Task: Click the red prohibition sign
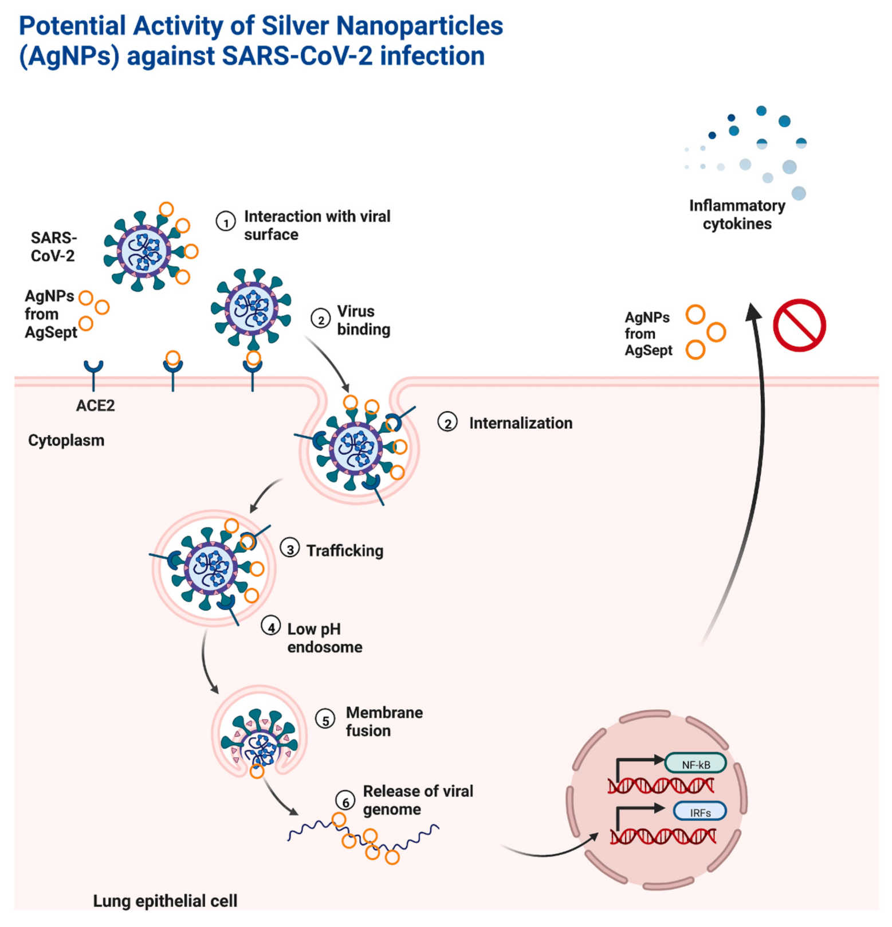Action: pyautogui.click(x=799, y=325)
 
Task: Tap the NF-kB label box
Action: pyautogui.click(x=695, y=764)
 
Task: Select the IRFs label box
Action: pyautogui.click(x=700, y=812)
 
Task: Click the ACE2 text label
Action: pyautogui.click(x=95, y=405)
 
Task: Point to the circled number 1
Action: pyautogui.click(x=225, y=221)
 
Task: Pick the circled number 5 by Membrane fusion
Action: pyautogui.click(x=325, y=719)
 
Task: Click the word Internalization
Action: pyautogui.click(x=520, y=423)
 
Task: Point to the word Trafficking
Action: pyautogui.click(x=344, y=550)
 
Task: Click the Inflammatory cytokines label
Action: pyautogui.click(x=737, y=214)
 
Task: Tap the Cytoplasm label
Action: pyautogui.click(x=66, y=440)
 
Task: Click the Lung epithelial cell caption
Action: pyautogui.click(x=165, y=901)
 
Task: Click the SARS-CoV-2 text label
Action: pyautogui.click(x=53, y=247)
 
